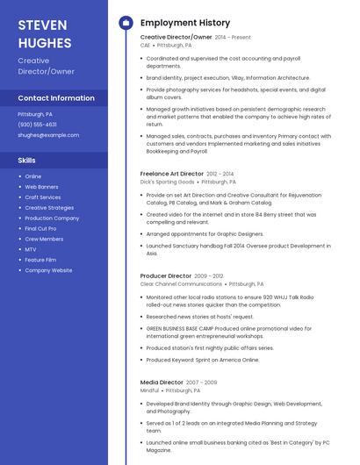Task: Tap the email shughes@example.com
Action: (48, 135)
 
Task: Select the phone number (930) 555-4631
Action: (37, 125)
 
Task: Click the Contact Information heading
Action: (56, 98)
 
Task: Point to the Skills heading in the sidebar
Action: (26, 161)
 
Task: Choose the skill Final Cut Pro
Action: (40, 228)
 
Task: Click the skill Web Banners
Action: (41, 187)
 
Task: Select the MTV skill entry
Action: (30, 249)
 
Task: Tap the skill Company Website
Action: (48, 270)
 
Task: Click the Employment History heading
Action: (185, 23)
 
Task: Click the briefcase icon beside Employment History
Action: (126, 23)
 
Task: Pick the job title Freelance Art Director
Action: (171, 174)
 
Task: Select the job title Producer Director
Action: (165, 275)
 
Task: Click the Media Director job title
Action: (162, 383)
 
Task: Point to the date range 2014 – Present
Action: (233, 38)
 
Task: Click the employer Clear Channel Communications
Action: (181, 284)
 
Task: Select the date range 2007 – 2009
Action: (201, 383)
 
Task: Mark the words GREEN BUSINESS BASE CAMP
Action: (184, 327)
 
